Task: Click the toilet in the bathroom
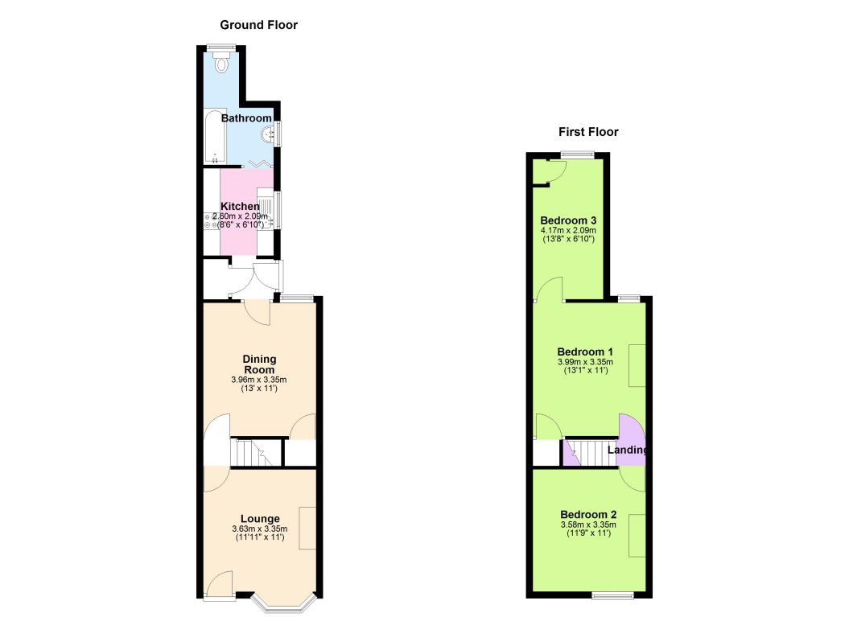coord(223,63)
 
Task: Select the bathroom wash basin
coord(270,134)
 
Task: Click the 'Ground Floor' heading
coord(259,25)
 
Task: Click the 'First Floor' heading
coord(589,132)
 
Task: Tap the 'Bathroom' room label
coord(247,118)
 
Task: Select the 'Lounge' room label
coord(260,519)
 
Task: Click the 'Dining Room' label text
coord(260,364)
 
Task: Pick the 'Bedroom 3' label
coord(567,220)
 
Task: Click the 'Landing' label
coord(629,450)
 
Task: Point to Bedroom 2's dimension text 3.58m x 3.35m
coord(588,525)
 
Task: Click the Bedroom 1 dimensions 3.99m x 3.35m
coord(586,362)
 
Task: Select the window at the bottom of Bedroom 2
coord(612,596)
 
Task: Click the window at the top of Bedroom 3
coord(578,154)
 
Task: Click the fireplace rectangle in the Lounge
coord(307,529)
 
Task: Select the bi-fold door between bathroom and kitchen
coord(260,165)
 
